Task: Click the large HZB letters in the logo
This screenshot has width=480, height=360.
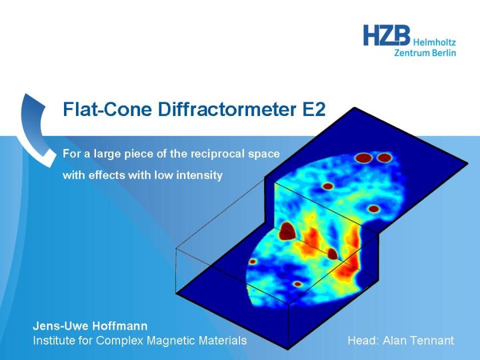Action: [387, 35]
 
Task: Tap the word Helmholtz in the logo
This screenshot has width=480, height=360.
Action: [434, 42]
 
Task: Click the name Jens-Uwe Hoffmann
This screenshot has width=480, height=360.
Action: [90, 326]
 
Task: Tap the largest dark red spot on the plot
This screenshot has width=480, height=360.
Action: [287, 231]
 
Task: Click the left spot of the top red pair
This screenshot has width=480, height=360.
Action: [363, 158]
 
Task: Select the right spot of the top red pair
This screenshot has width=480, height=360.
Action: [384, 158]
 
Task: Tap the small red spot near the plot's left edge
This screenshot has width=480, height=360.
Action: [253, 262]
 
